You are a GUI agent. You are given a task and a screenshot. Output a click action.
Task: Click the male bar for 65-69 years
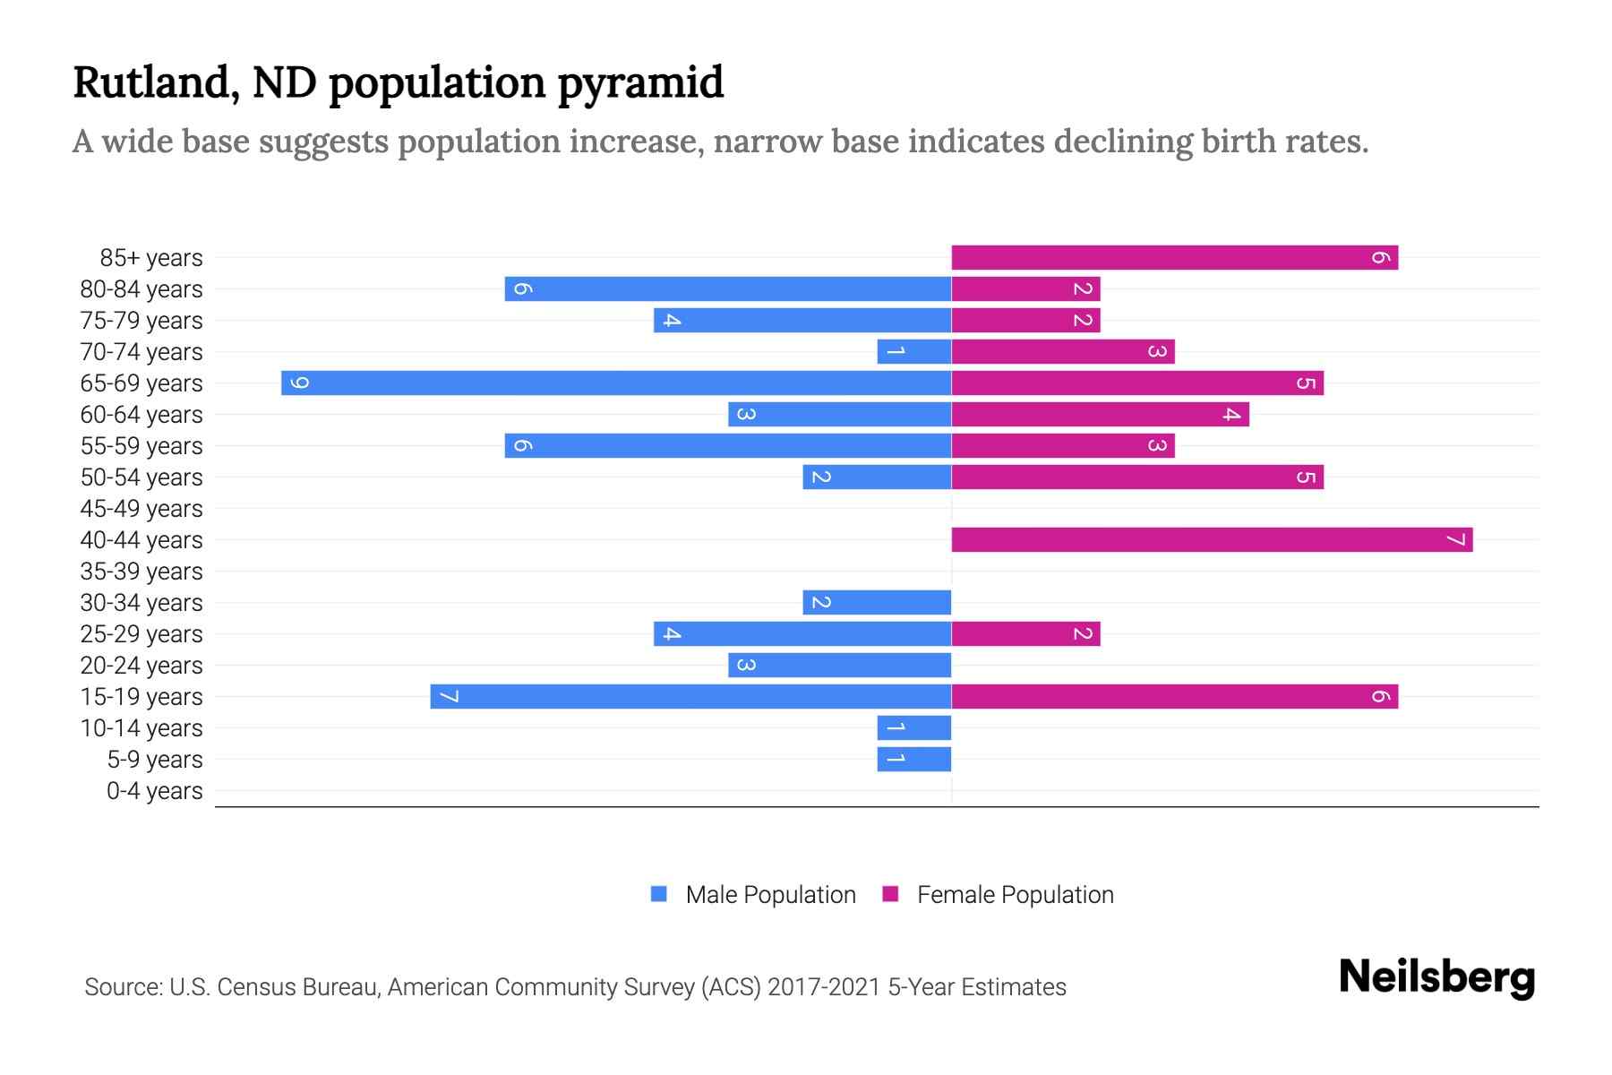pyautogui.click(x=616, y=383)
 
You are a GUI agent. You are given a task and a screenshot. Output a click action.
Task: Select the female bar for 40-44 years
pyautogui.click(x=1211, y=540)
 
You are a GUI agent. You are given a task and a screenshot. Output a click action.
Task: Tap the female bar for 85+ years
pyautogui.click(x=1173, y=258)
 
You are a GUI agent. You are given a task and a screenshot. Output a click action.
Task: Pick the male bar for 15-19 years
pyautogui.click(x=690, y=697)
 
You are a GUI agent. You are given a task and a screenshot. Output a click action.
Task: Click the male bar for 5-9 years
pyautogui.click(x=913, y=760)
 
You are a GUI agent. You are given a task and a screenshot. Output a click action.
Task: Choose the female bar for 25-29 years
pyautogui.click(x=1025, y=634)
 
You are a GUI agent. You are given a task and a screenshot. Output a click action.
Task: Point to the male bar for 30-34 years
pyautogui.click(x=876, y=603)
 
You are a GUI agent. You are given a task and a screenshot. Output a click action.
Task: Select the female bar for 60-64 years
pyautogui.click(x=1099, y=415)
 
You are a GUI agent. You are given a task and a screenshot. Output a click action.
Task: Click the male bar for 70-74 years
pyautogui.click(x=913, y=352)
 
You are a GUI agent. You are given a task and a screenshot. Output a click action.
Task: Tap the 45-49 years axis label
pyautogui.click(x=141, y=509)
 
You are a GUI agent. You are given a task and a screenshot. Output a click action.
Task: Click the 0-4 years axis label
pyautogui.click(x=154, y=791)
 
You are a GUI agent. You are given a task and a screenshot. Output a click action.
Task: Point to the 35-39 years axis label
pyautogui.click(x=141, y=572)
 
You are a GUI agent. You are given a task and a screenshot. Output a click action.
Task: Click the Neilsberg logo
pyautogui.click(x=1436, y=977)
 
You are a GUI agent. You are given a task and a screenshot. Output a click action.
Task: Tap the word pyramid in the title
pyautogui.click(x=640, y=83)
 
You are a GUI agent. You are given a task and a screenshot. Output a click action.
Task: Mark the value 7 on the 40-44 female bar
pyautogui.click(x=1455, y=540)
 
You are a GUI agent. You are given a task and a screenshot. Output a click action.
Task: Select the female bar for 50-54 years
pyautogui.click(x=1136, y=477)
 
